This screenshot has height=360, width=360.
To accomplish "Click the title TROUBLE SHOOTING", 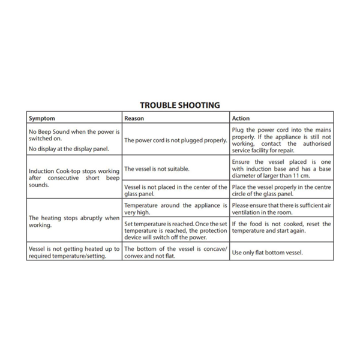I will click(180, 105).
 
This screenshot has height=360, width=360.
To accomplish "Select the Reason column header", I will click(134, 118).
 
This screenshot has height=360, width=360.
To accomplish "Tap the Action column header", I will click(241, 118).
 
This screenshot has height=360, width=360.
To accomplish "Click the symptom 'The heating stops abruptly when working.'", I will click(74, 221).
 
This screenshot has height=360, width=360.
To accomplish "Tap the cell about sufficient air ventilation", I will click(281, 209).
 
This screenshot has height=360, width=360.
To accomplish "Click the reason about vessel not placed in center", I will click(175, 190).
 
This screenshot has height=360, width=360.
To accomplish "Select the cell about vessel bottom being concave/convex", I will click(175, 253).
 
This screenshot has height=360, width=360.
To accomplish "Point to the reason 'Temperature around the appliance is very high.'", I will click(175, 209).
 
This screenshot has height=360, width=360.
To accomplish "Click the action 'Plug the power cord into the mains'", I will click(281, 130).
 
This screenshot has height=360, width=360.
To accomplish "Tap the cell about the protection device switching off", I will click(175, 231).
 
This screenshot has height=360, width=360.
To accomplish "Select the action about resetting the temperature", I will click(281, 227).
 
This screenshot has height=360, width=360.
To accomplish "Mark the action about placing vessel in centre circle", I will click(281, 190).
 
